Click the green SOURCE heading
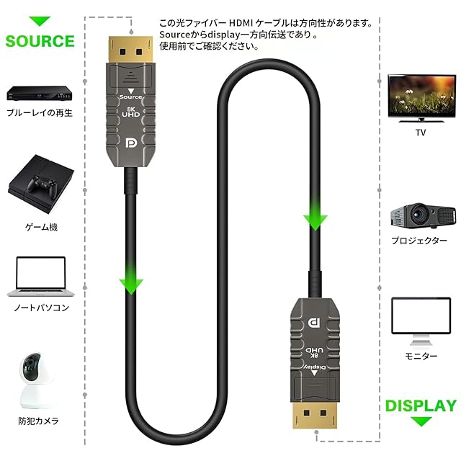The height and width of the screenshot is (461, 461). point(40,40)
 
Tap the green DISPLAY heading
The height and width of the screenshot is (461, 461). point(421,406)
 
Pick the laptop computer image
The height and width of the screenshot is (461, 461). point(40,277)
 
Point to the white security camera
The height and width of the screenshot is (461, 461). point(40,382)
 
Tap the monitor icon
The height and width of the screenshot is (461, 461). point(421,321)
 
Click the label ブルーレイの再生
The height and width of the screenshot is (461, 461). point(40,113)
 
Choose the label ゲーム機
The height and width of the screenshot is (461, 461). point(41,227)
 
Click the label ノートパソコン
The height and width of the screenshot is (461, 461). point(41,308)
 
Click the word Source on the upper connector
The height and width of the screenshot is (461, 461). point(131,96)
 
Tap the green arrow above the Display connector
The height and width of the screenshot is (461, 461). point(315,216)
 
